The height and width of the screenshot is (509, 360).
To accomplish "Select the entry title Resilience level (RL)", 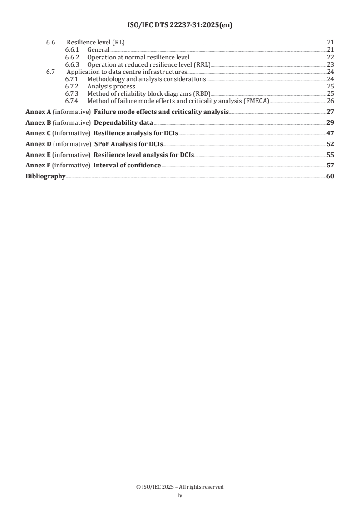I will coord(95,43).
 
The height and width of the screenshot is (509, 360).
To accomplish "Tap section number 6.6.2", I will coord(72,57).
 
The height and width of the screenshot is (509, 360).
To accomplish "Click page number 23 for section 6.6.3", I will coord(330,64).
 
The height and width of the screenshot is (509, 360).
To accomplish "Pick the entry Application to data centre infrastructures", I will coord(127,72).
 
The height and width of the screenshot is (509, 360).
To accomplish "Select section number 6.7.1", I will coord(72,79).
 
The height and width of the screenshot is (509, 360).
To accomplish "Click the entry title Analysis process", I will coord(111,86).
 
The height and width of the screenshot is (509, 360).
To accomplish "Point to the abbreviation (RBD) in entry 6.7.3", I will coord(202,93).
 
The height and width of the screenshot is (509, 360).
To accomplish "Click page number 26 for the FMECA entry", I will coord(330,101).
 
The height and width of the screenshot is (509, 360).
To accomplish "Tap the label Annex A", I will coord(38,112).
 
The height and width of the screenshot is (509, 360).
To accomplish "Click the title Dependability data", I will coord(123,122).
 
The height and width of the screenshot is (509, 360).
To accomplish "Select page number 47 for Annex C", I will coord(330,133).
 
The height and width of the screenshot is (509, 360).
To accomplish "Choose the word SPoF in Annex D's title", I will coord(102,144).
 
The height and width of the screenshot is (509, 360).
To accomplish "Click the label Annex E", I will coord(38,155).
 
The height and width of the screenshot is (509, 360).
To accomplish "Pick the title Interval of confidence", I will coord(127,165).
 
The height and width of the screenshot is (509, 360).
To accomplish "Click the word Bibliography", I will coord(45,176).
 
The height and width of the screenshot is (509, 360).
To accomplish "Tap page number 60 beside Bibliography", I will coord(330,176).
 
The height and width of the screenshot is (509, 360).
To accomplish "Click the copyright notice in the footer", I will coord(180,487).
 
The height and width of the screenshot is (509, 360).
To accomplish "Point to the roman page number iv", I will coord(180,495).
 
